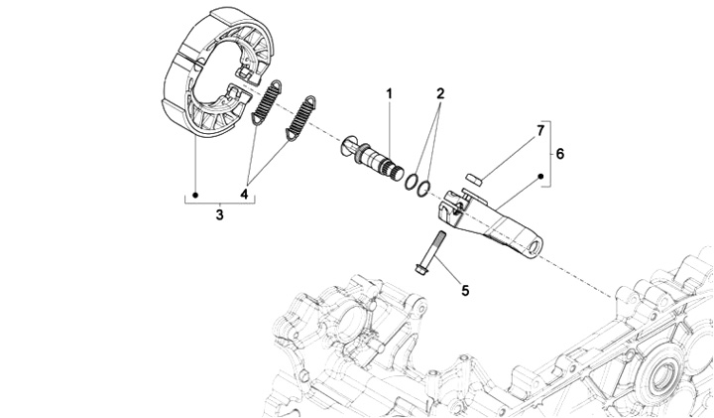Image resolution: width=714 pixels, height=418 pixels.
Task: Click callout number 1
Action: [390, 93]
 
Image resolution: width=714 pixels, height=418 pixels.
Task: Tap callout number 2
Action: [439, 93]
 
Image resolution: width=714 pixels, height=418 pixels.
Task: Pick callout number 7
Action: [540, 130]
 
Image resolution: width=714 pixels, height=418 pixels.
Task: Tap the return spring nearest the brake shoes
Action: [267, 101]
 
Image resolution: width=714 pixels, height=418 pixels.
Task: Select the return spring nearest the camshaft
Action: [299, 120]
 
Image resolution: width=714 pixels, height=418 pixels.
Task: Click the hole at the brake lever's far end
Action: [536, 244]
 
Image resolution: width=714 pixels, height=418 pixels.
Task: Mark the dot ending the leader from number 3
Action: [195, 194]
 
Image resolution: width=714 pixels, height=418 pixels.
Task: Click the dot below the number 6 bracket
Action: [541, 176]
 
